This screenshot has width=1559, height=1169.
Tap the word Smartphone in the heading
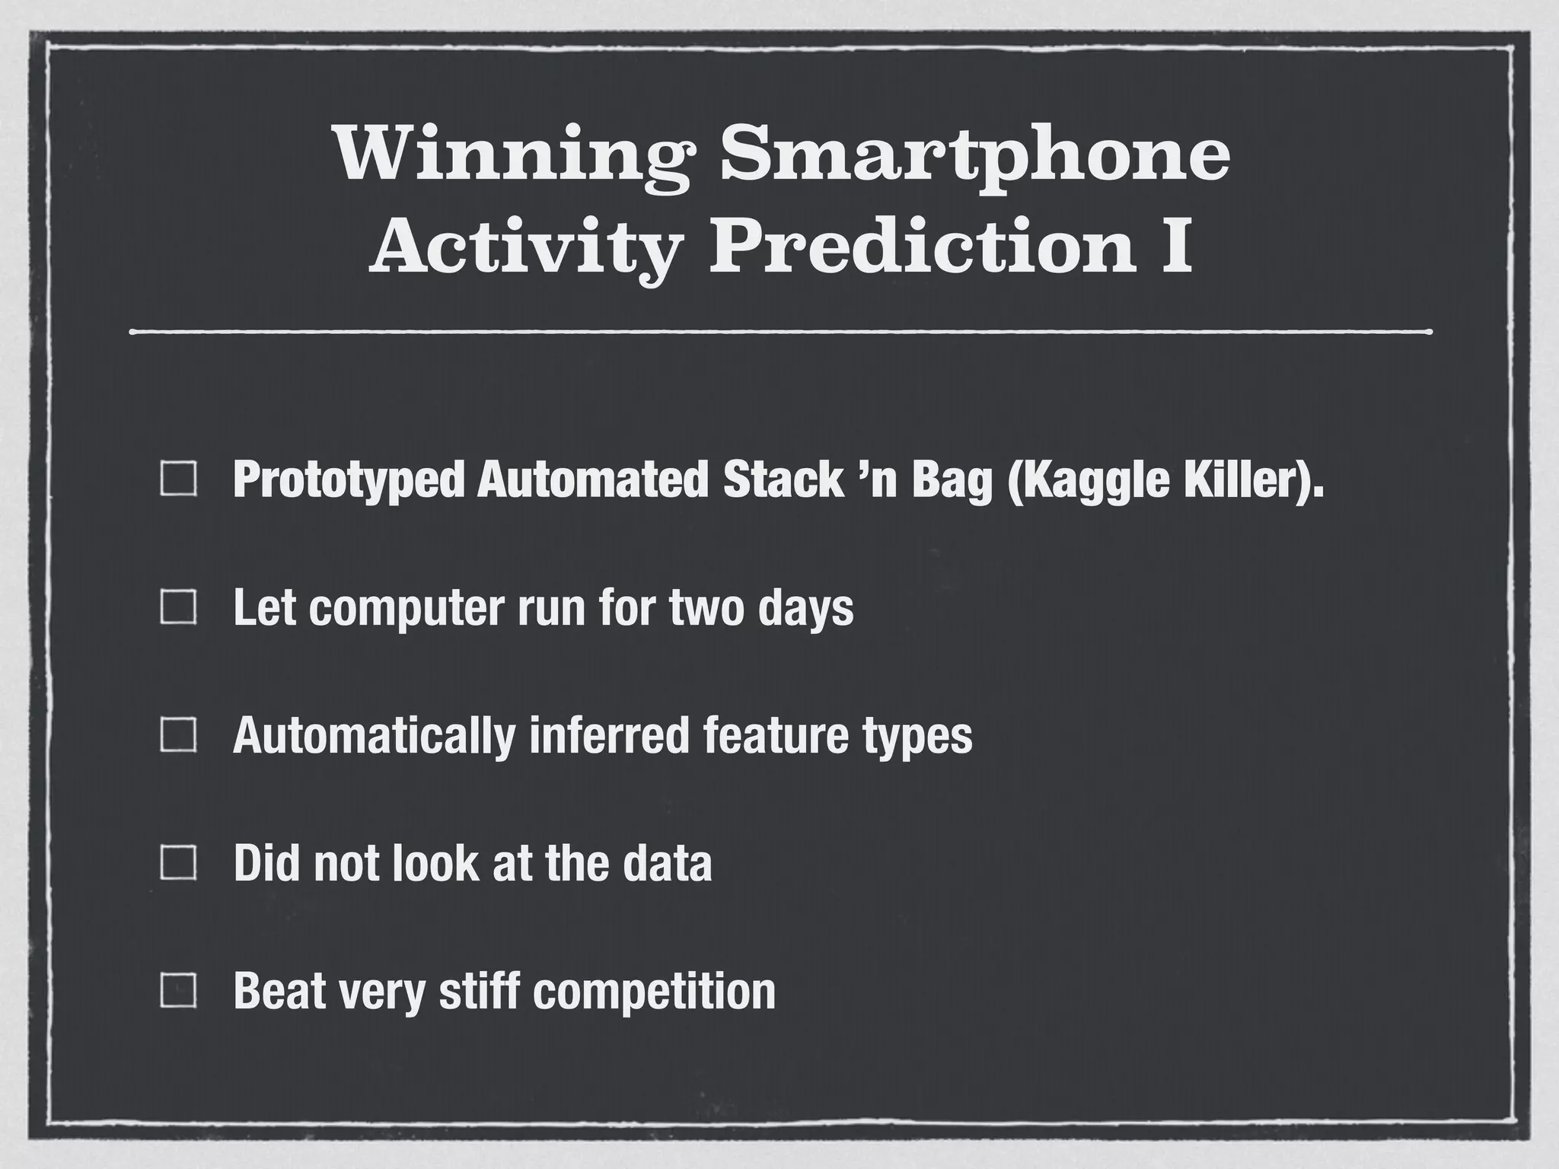(x=974, y=156)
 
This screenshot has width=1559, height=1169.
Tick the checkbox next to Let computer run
(x=180, y=607)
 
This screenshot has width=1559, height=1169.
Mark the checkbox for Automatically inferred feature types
(x=180, y=735)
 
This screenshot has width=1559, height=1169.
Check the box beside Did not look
(x=180, y=863)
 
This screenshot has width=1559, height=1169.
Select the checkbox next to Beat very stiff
(x=180, y=991)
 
